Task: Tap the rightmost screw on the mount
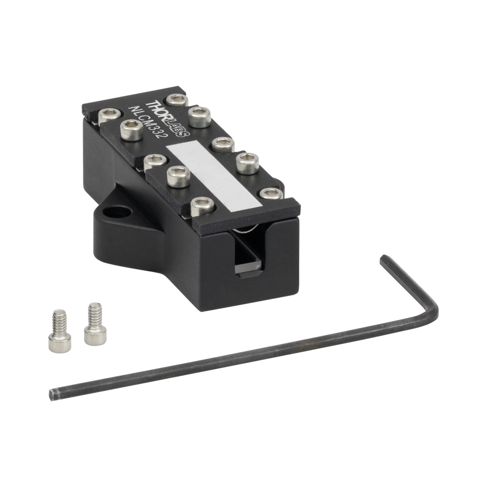tap(271, 194)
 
